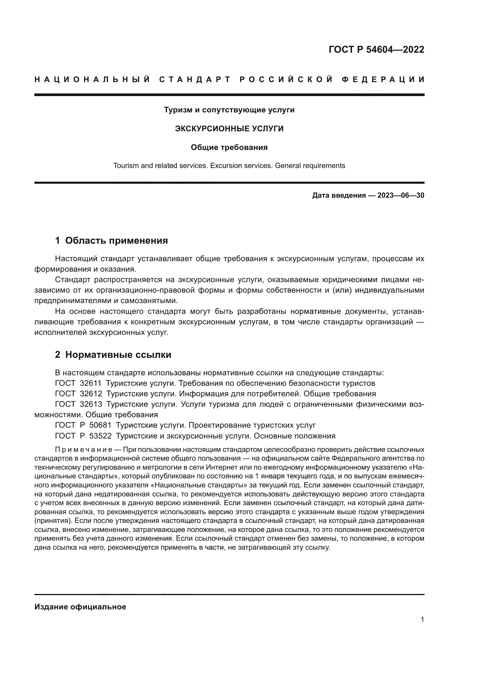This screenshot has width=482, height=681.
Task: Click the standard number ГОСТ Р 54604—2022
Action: point(376,49)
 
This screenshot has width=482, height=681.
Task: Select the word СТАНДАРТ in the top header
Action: point(195,79)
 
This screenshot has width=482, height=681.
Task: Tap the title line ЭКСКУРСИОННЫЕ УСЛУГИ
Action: point(229,129)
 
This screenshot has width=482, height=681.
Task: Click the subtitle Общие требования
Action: point(229,147)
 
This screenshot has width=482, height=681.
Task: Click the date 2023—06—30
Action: point(401,195)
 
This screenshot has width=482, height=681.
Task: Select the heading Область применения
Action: point(116,240)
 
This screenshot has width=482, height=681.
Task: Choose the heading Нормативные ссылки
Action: point(118,355)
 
